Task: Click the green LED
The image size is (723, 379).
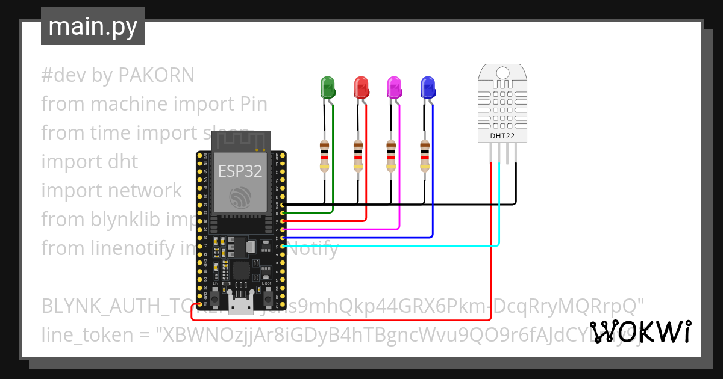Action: pyautogui.click(x=327, y=88)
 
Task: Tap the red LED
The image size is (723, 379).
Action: pyautogui.click(x=361, y=88)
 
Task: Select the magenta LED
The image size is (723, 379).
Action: pyautogui.click(x=394, y=88)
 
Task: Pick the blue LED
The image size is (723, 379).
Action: pyautogui.click(x=428, y=88)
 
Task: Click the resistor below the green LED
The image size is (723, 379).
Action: pyautogui.click(x=325, y=156)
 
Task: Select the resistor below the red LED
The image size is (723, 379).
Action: pyautogui.click(x=358, y=156)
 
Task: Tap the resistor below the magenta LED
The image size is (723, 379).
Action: pyautogui.click(x=392, y=156)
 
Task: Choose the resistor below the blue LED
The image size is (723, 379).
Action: pyautogui.click(x=425, y=156)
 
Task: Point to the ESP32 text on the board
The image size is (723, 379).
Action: pyautogui.click(x=240, y=171)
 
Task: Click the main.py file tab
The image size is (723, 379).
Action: pyautogui.click(x=93, y=26)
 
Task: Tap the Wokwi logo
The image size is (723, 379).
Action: pyautogui.click(x=640, y=332)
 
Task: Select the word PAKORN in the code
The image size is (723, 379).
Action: pyautogui.click(x=156, y=75)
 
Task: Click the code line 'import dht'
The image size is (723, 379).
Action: pyautogui.click(x=90, y=162)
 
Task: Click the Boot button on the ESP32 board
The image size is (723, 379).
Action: pyautogui.click(x=267, y=296)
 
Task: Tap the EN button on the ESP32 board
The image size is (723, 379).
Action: pyautogui.click(x=215, y=296)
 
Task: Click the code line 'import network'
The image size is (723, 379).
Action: pyautogui.click(x=111, y=191)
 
